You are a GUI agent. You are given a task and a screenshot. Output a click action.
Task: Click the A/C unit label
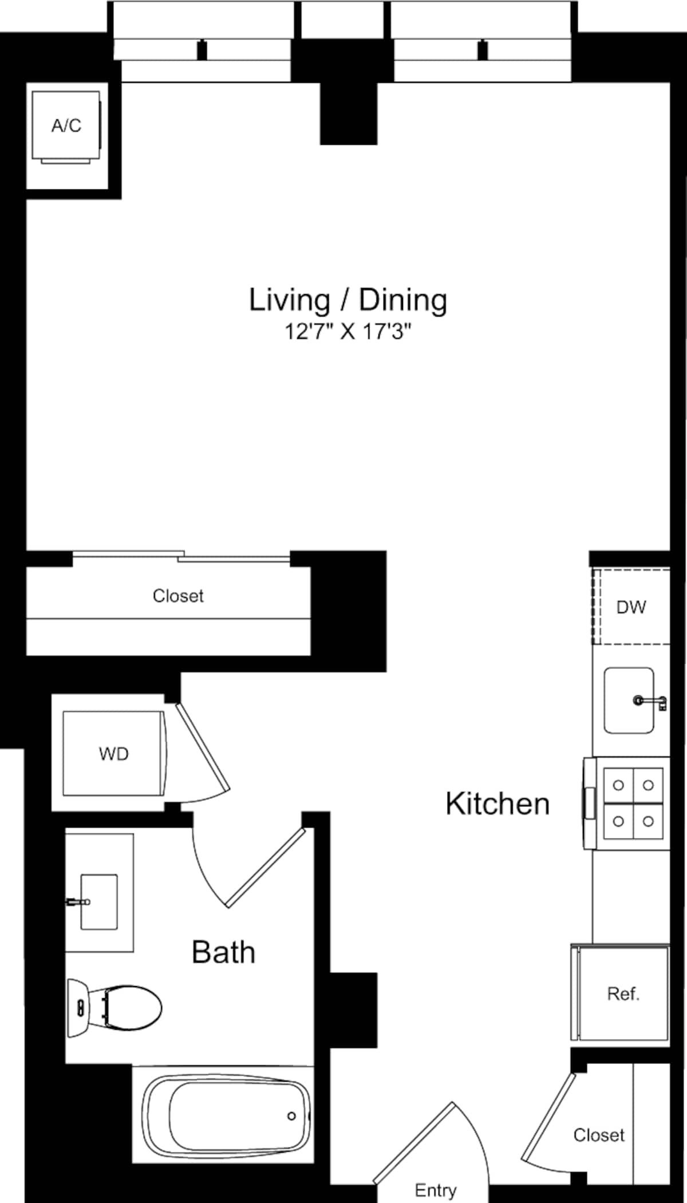click(x=66, y=125)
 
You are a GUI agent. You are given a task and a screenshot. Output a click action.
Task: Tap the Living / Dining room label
click(x=348, y=300)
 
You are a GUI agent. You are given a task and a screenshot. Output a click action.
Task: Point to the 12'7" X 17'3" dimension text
click(x=348, y=331)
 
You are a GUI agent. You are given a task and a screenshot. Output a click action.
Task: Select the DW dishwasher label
click(x=631, y=607)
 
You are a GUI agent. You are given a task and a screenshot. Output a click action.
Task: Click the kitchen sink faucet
click(x=650, y=701)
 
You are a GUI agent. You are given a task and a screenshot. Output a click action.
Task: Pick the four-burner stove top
click(x=633, y=804)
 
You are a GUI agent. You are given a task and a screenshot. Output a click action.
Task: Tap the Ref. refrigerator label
click(x=623, y=994)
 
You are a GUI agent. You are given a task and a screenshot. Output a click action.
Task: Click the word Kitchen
click(x=497, y=804)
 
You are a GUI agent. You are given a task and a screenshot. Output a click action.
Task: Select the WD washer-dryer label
click(x=113, y=754)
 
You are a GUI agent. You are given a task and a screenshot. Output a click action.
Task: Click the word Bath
click(x=223, y=952)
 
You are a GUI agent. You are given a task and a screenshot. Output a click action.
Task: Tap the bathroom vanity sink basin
click(x=99, y=901)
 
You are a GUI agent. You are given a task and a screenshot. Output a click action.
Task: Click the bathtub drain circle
click(x=291, y=1116)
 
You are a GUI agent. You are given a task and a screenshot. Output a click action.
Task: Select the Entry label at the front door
click(x=435, y=1190)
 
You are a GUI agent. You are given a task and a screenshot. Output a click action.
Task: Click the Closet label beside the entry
click(x=599, y=1135)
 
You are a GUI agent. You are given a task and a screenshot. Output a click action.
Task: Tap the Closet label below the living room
click(x=177, y=596)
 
